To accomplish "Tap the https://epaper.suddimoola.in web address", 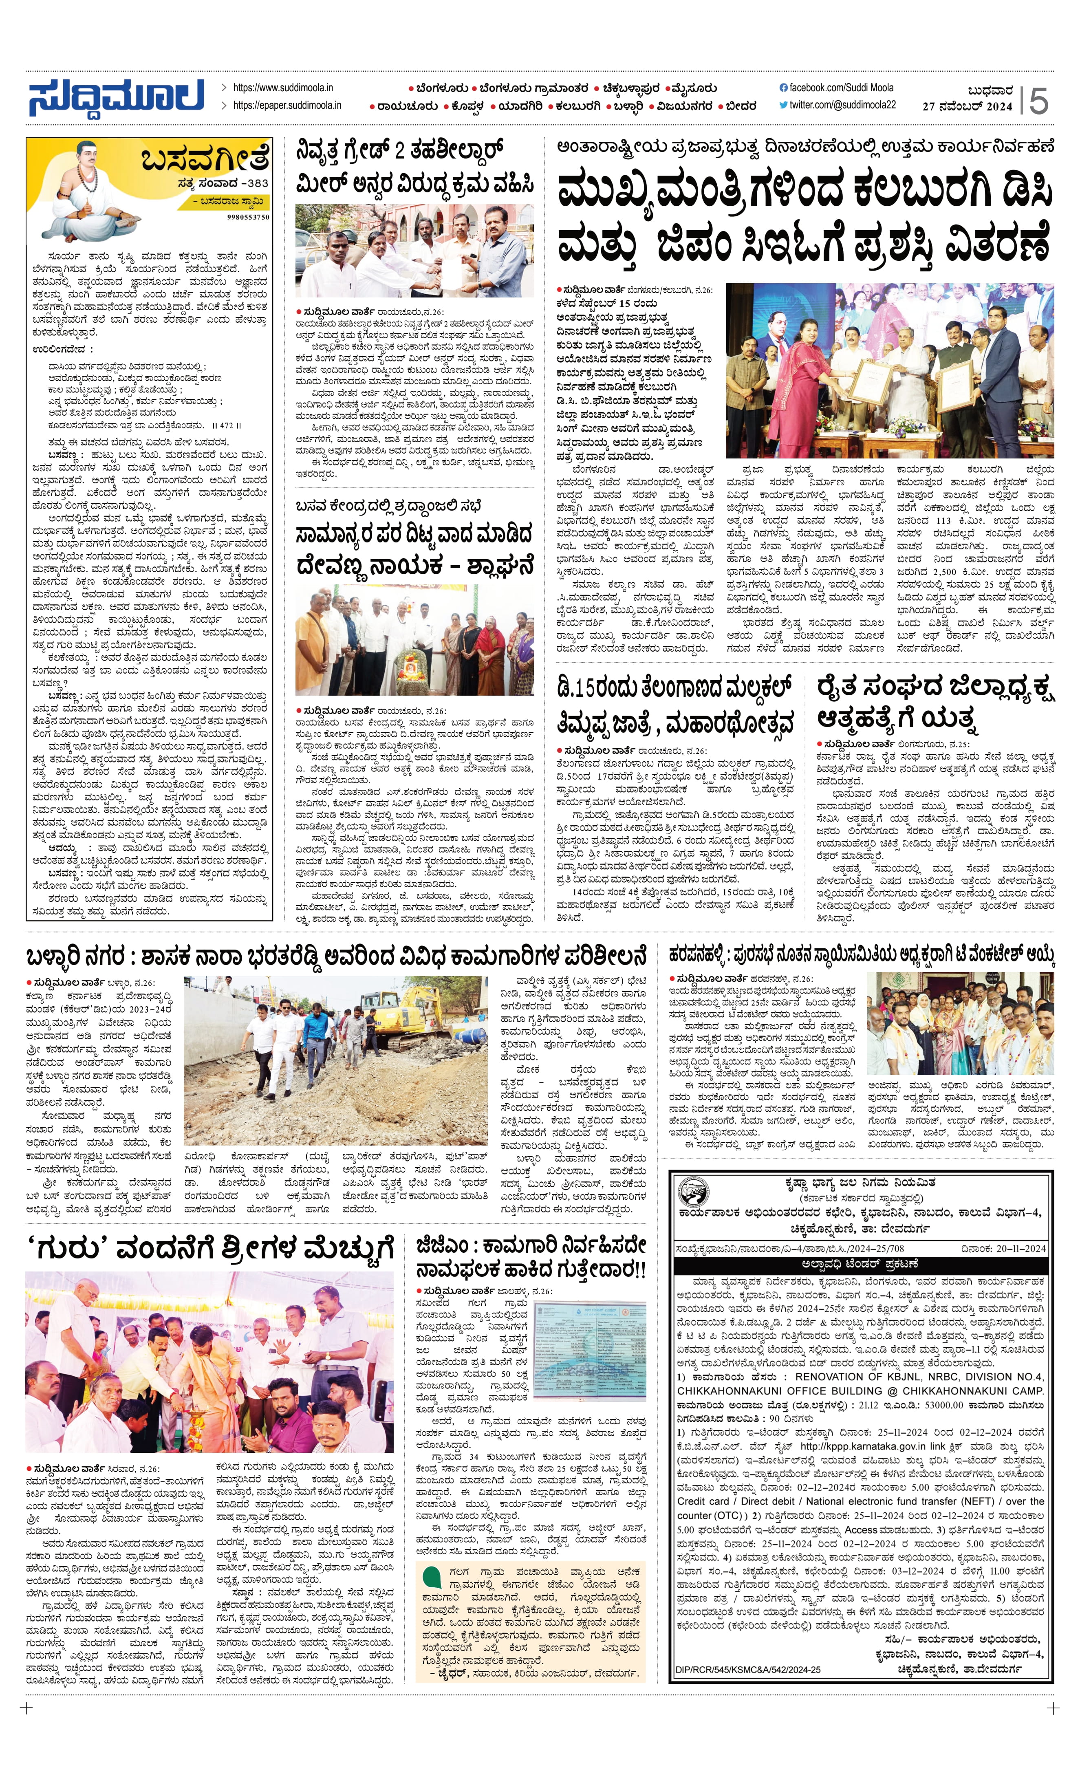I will pos(287,105).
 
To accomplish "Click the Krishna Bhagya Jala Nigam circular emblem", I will pos(693,1195).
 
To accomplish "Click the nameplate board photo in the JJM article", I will pos(600,1352).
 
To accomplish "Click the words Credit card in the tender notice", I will pos(703,1501).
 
